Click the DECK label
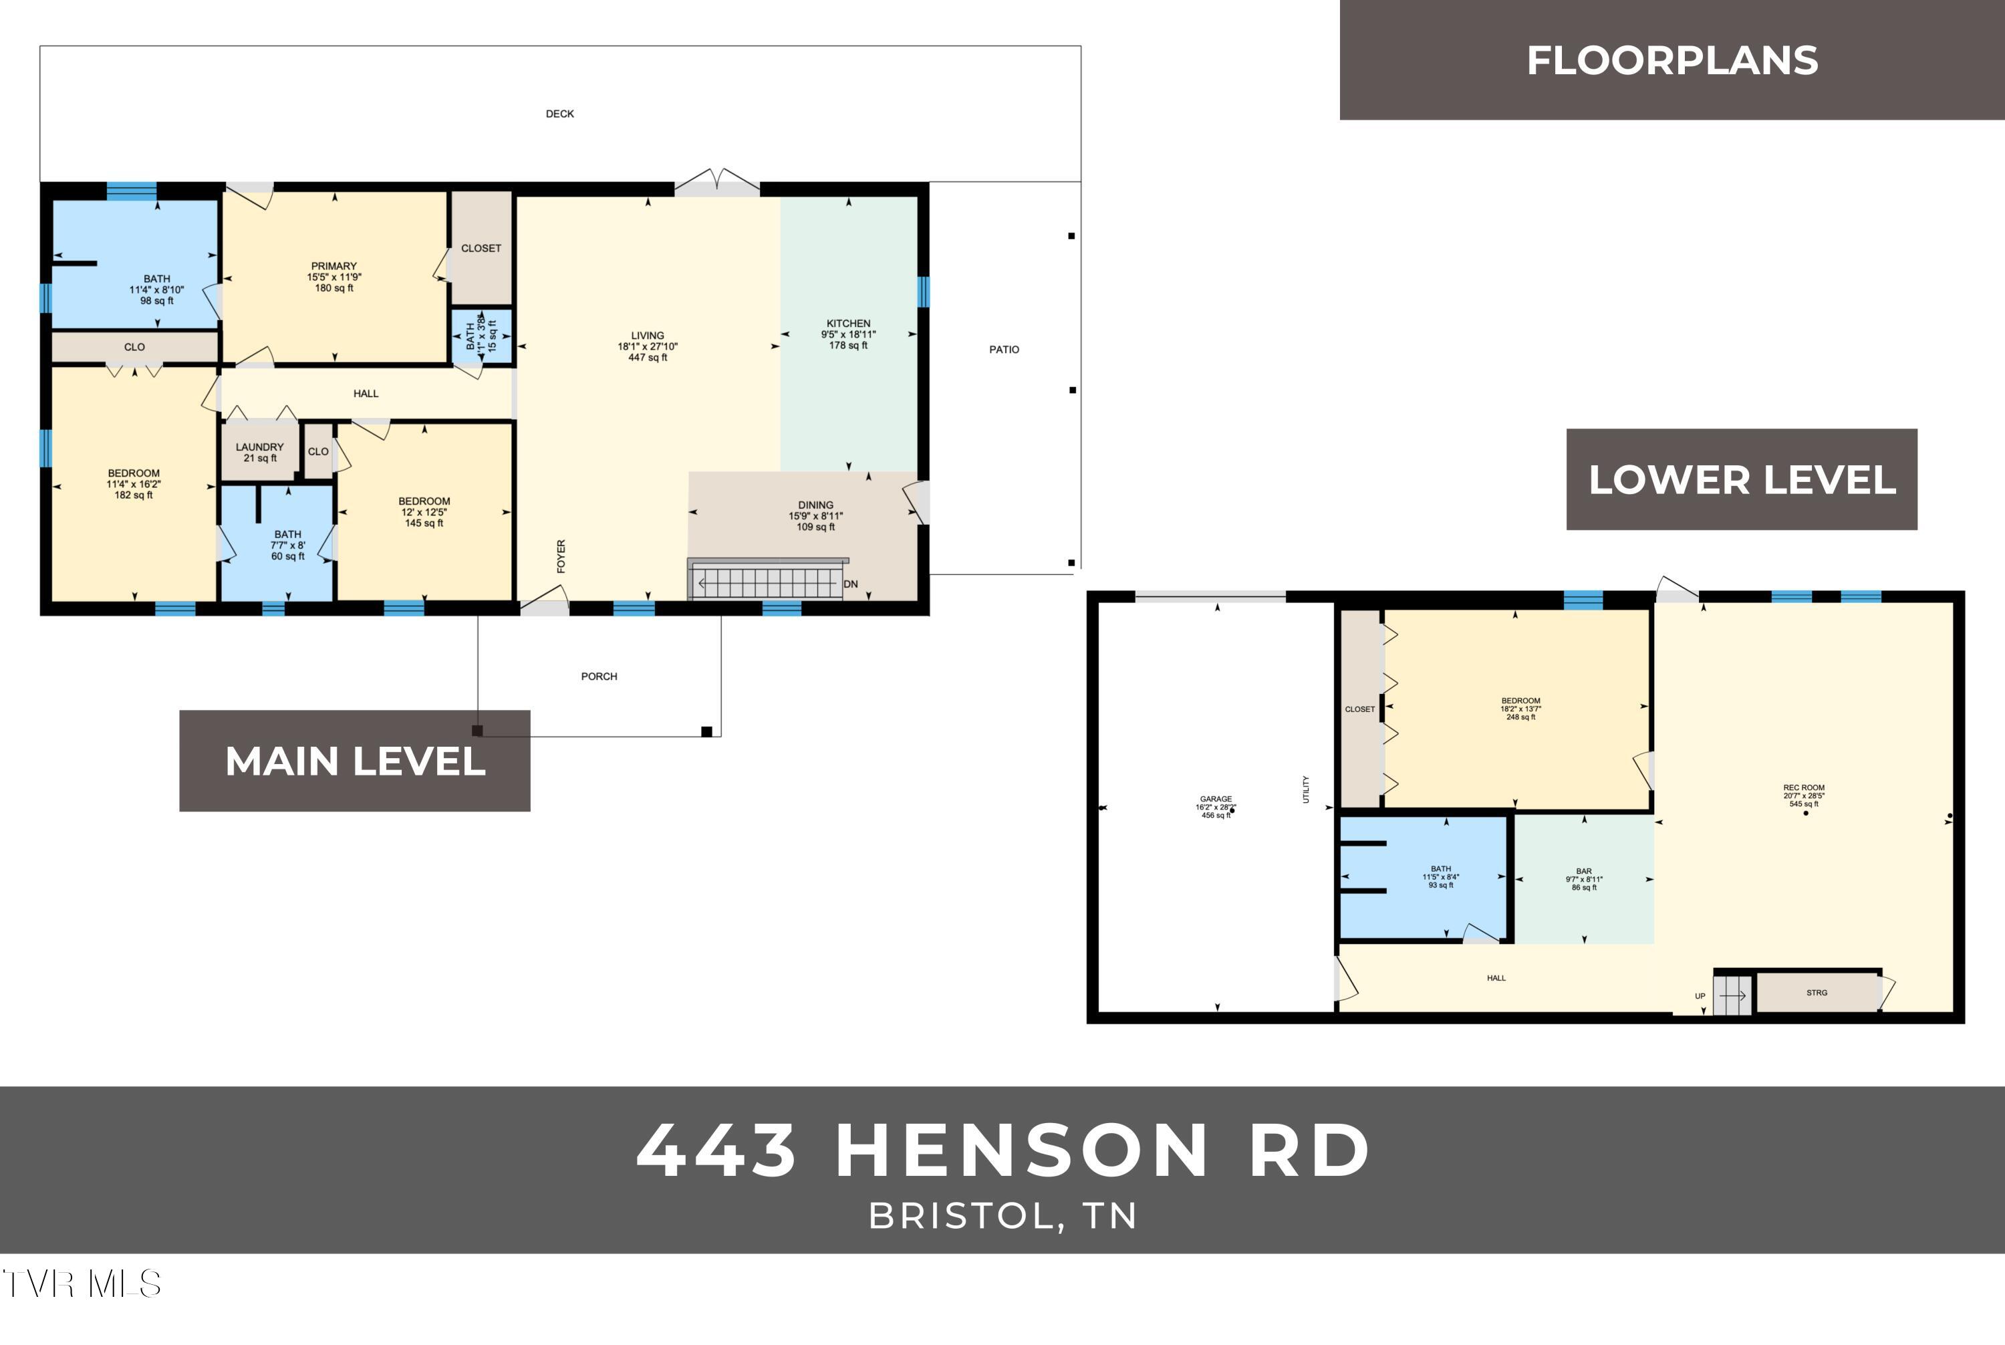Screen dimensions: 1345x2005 [560, 113]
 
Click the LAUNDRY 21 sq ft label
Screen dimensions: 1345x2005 [260, 452]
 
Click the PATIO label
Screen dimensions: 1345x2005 [1005, 349]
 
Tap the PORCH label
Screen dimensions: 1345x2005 [599, 676]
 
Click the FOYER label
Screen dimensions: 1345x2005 [561, 556]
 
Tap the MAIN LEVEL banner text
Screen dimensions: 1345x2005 [355, 761]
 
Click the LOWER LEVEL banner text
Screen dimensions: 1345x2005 [1742, 479]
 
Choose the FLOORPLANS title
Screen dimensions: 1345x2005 [1672, 61]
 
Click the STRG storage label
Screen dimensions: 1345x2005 [1817, 993]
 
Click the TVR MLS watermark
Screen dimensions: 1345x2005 [82, 1284]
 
